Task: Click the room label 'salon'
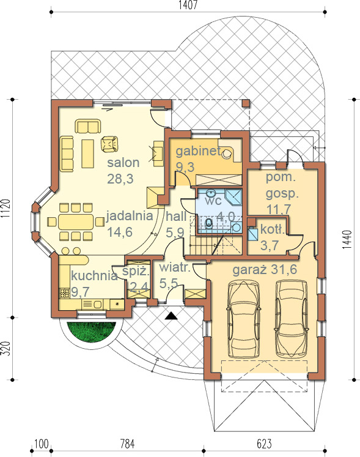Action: point(123,163)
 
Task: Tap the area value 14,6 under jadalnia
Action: point(120,232)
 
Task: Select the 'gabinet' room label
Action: point(198,151)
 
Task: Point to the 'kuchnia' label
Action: point(94,275)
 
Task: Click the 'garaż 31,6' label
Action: point(265,270)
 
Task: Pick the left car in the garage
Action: point(244,319)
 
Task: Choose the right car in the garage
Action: point(292,319)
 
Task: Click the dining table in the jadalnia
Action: point(76,222)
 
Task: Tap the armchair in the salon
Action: point(109,144)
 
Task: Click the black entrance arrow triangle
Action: point(171,316)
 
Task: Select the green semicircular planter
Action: point(92,332)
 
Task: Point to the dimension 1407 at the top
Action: point(188,5)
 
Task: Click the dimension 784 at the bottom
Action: point(127,444)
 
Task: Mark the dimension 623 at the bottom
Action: point(264,444)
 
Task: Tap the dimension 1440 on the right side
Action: point(347,240)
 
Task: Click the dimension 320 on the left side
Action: point(6,349)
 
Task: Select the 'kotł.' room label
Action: point(273,229)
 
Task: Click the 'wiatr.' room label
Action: point(175,267)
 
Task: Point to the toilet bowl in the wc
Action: point(208,223)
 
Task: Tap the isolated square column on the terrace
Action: point(246,103)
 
